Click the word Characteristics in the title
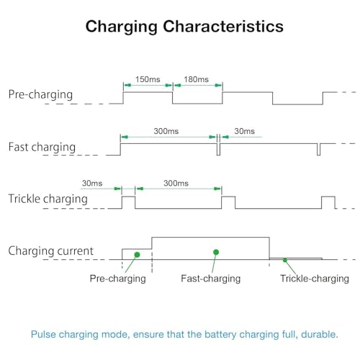pos(223,26)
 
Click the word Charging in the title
pos(122,27)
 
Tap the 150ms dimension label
pos(148,79)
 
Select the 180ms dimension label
pos(196,79)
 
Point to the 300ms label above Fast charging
pos(166,131)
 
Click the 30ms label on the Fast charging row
pos(244,131)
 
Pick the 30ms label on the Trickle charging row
pos(92,183)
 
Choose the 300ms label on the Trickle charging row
pos(176,183)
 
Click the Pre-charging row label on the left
pos(40,95)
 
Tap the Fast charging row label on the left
pos(42,148)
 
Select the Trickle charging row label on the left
pos(48,199)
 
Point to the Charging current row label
pos(50,251)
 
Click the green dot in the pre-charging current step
pos(137,255)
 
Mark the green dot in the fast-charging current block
pos(216,252)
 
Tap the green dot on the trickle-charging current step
pos(285,260)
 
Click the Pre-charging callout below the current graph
pos(118,279)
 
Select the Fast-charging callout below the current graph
pos(211,279)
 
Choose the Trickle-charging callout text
pos(315,279)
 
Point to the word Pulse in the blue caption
pos(43,334)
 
